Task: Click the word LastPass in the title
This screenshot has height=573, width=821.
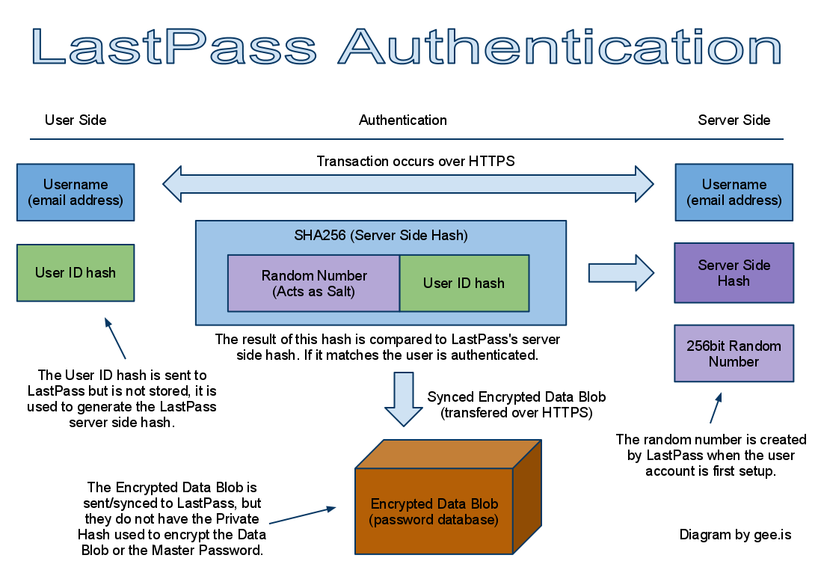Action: tap(173, 46)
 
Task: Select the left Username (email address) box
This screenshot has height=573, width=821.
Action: tap(76, 193)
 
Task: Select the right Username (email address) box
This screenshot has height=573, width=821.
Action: tap(734, 193)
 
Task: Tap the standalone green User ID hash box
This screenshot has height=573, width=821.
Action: tap(76, 273)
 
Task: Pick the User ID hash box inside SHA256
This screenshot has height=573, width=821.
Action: tap(464, 284)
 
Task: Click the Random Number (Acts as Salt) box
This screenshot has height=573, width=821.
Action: tap(314, 284)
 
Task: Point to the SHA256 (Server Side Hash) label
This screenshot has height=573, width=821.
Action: tap(381, 236)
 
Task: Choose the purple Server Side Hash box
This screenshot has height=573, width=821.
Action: tap(734, 273)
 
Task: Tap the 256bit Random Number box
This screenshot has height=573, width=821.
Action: tap(734, 354)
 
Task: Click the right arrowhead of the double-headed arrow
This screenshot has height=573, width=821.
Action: tap(642, 184)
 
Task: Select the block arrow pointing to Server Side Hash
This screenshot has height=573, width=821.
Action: tap(621, 273)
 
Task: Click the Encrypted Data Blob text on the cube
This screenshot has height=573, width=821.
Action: tap(434, 512)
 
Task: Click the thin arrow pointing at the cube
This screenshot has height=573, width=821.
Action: tap(302, 515)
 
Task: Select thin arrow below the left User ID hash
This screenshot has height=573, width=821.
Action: tap(115, 339)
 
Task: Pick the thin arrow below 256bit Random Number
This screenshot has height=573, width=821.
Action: tap(716, 408)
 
